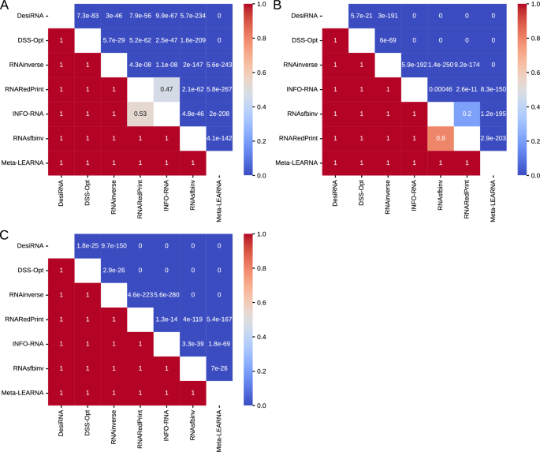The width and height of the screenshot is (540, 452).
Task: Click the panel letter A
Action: coord(6,6)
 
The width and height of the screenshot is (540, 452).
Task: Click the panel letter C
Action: coord(6,235)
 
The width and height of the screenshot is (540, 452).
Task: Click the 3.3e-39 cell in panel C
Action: coord(194,344)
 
